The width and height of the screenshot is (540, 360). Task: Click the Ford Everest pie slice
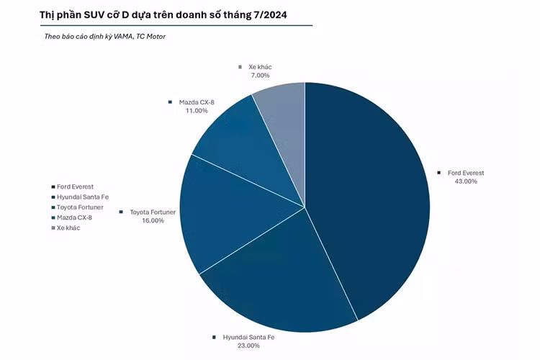click(x=367, y=194)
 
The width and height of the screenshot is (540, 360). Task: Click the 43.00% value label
click(x=466, y=181)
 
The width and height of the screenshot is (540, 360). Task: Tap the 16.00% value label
click(x=153, y=221)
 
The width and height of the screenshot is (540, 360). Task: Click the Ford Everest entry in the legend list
click(x=75, y=186)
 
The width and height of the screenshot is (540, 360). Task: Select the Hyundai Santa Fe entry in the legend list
click(x=81, y=197)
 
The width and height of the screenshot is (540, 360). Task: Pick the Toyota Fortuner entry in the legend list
click(x=81, y=207)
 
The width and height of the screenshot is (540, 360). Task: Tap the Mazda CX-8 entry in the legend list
click(x=74, y=217)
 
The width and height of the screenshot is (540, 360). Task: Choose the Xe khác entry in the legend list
click(x=68, y=228)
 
